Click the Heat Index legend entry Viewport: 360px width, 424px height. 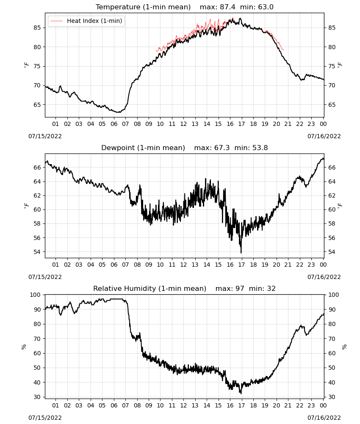[86, 21]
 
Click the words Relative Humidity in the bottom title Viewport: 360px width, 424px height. [125, 288]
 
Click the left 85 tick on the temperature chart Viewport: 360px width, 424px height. [37, 28]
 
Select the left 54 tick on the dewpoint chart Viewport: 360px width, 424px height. [37, 252]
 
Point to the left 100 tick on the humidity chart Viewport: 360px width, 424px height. [36, 295]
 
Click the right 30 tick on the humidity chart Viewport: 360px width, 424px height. [332, 397]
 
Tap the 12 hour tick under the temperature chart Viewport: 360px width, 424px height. [184, 124]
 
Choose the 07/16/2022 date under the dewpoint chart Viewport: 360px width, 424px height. [324, 277]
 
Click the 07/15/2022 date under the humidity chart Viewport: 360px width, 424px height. [45, 418]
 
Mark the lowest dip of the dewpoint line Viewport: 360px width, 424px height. [241, 253]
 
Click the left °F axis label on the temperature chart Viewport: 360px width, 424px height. [26, 65]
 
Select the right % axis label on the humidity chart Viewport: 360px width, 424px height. [344, 347]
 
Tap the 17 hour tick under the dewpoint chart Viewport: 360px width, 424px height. [242, 265]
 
